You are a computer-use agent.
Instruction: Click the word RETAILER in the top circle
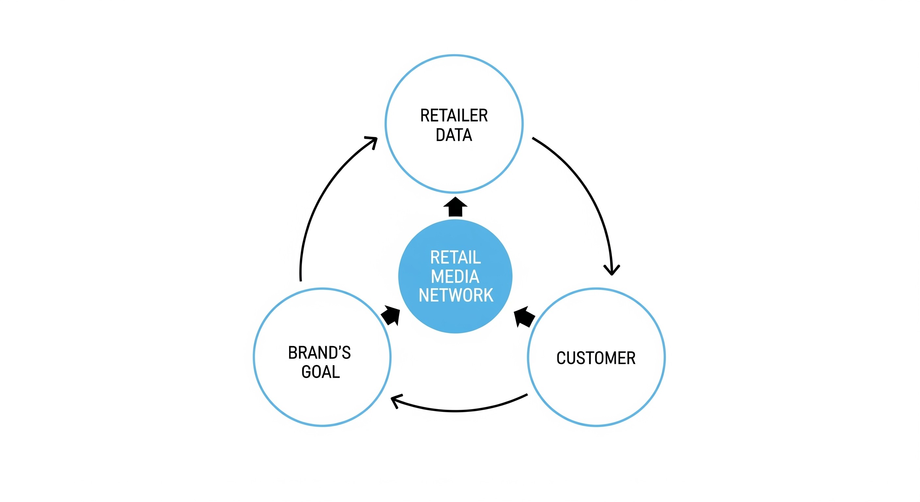pos(453,115)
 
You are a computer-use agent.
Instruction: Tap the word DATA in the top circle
pos(453,135)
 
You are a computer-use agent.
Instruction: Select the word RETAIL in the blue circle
pos(455,257)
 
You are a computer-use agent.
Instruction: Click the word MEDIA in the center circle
pos(455,276)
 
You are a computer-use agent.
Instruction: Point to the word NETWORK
pos(456,295)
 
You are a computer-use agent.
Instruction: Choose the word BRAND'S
pos(319,353)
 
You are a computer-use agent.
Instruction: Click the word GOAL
pos(320,372)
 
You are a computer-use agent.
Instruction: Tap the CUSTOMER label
pos(596,358)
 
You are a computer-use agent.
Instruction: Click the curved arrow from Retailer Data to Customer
pos(586,189)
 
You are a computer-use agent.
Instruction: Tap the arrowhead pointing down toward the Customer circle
pos(612,270)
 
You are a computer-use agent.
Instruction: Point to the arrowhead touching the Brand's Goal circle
pos(396,401)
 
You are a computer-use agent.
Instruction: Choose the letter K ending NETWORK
pos(488,295)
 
